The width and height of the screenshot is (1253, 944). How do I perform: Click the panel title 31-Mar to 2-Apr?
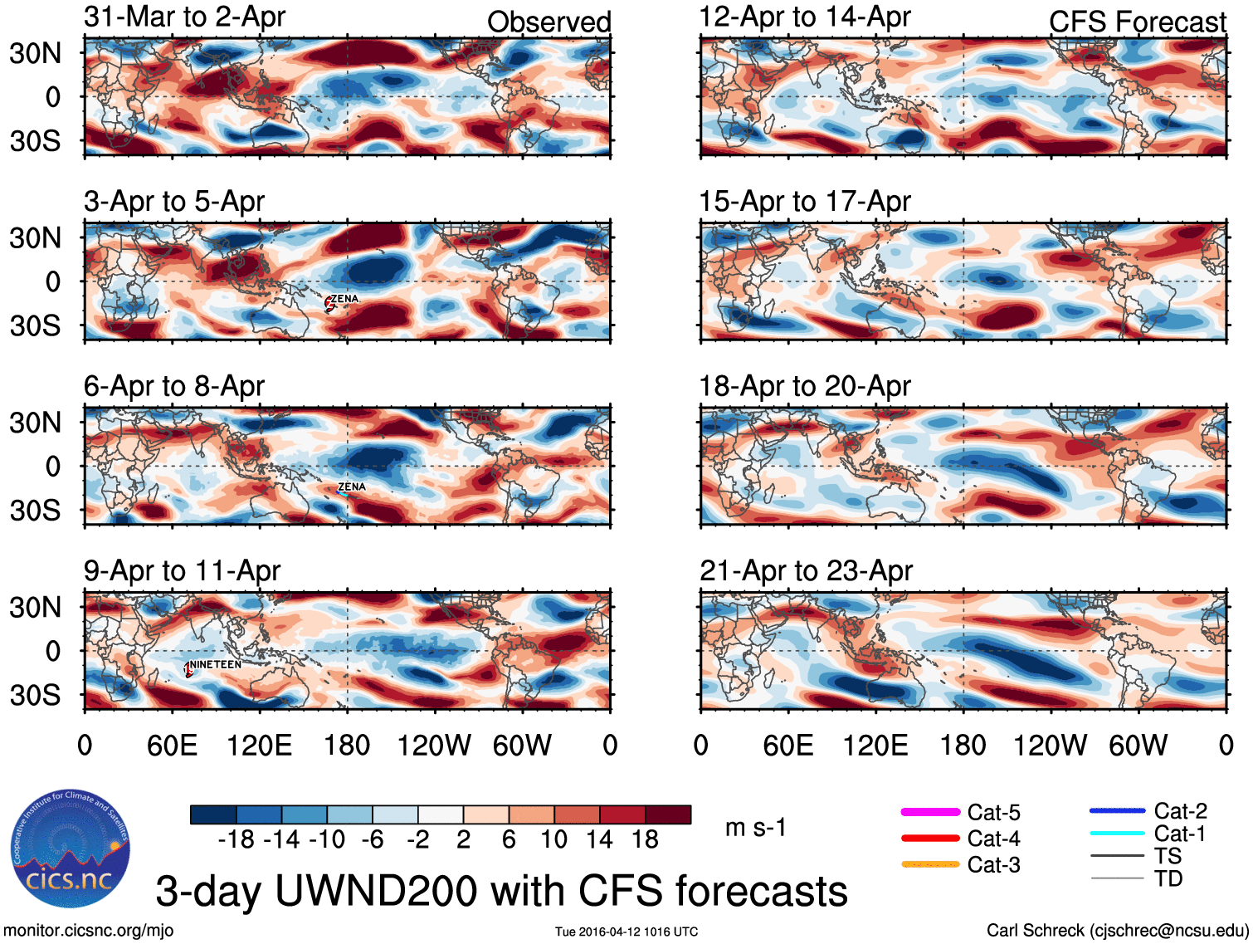(184, 17)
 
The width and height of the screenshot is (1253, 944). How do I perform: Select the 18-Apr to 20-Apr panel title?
(804, 386)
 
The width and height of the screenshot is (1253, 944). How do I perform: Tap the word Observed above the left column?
(548, 22)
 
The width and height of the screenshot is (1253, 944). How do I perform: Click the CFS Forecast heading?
(1137, 22)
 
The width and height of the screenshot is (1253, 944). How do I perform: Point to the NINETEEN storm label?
(216, 664)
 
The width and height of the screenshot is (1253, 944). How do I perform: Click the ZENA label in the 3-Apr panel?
(344, 299)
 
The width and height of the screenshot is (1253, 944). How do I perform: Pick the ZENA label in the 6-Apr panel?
(352, 487)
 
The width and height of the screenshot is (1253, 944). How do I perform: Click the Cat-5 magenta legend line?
(930, 812)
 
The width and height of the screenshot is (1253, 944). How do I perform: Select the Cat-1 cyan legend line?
(1117, 833)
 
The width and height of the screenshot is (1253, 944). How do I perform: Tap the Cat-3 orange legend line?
(930, 864)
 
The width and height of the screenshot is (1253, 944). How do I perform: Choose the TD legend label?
(1168, 878)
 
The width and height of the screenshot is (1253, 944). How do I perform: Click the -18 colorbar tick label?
(236, 839)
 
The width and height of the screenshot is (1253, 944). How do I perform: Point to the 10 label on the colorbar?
(553, 839)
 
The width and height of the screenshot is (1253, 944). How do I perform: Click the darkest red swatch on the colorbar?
(668, 814)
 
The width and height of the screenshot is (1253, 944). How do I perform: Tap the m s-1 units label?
(755, 828)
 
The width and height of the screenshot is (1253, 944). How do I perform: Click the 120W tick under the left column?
(434, 746)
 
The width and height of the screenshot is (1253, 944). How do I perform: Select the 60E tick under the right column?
(787, 746)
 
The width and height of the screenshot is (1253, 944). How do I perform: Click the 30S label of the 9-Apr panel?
(35, 695)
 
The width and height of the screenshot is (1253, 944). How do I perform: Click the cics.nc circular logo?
(70, 849)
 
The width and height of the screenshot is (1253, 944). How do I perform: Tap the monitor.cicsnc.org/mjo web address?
(89, 931)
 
